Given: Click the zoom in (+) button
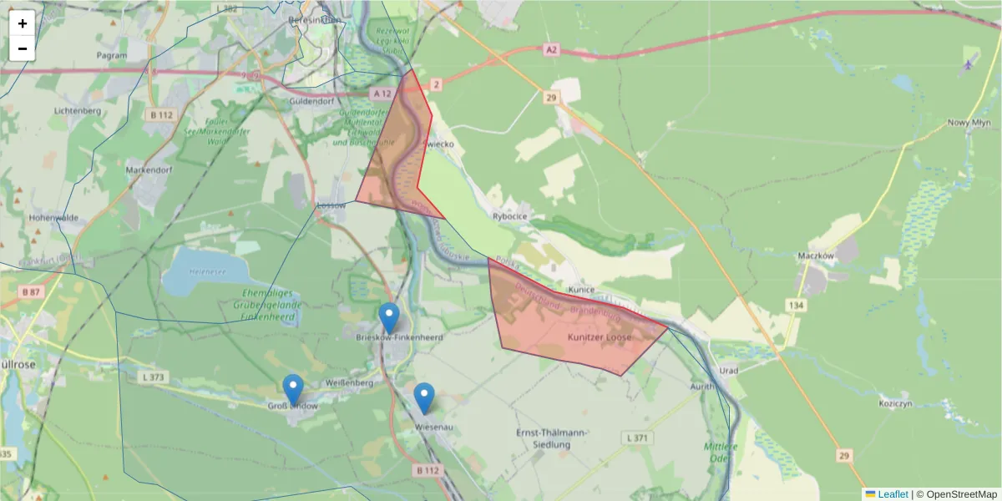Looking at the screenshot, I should [x=23, y=23].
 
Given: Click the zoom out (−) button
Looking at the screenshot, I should [x=23, y=48].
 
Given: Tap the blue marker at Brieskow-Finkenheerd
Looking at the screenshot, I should [x=389, y=318].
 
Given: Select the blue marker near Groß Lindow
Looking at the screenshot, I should [x=293, y=389].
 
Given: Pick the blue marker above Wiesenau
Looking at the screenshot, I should [x=424, y=397].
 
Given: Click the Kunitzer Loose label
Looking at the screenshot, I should [x=601, y=337].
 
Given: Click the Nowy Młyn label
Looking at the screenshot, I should [x=969, y=122].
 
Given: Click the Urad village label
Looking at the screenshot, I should [x=729, y=370].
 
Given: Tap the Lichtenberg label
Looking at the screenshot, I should [x=77, y=110].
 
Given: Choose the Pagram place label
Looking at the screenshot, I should [x=111, y=55].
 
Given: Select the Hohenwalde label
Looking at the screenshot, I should [x=53, y=218].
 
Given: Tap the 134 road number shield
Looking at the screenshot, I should [x=796, y=306].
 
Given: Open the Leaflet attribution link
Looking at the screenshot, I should [x=893, y=494].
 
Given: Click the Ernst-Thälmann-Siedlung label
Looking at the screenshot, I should [x=551, y=438].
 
